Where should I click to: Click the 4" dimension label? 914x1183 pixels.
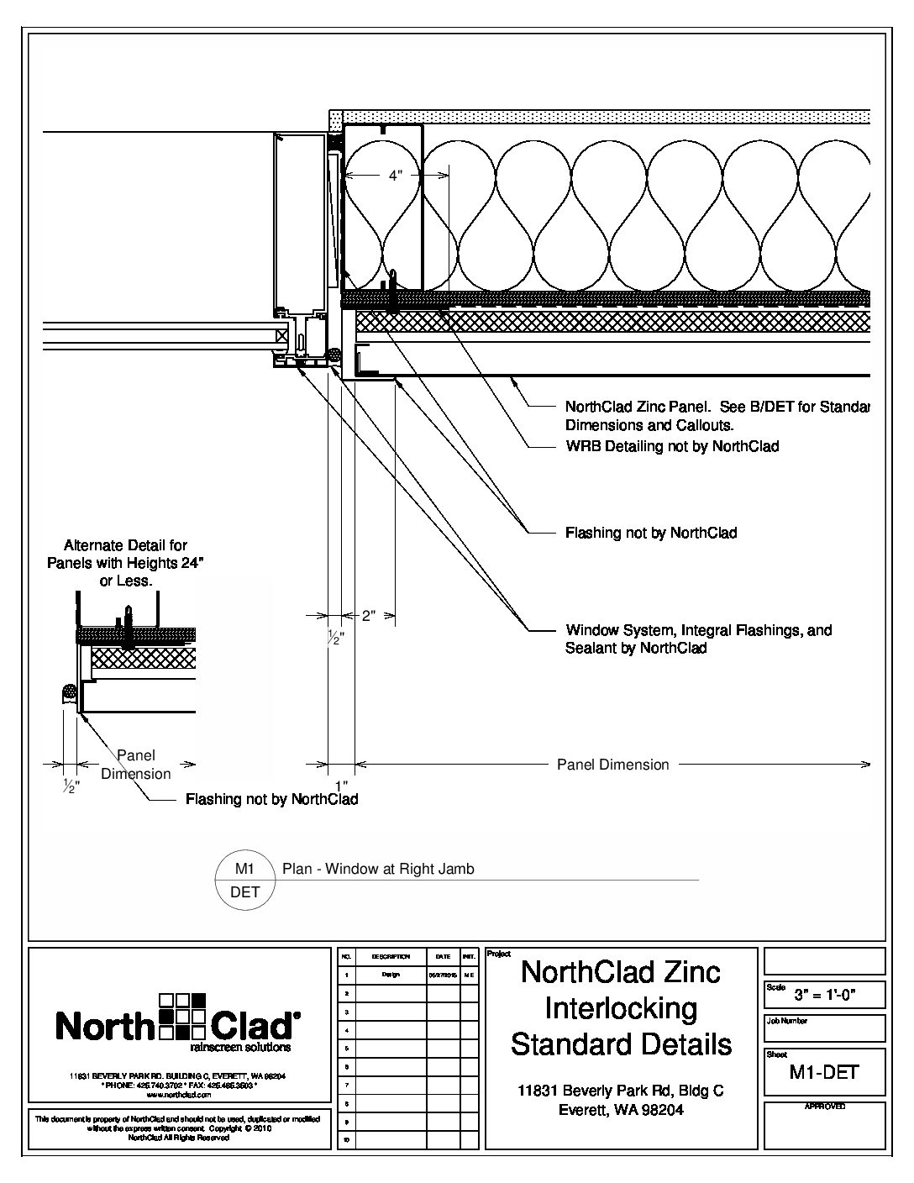pyautogui.click(x=396, y=176)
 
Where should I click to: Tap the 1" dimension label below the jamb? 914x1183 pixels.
pyautogui.click(x=341, y=785)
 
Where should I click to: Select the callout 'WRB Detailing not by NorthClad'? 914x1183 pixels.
pyautogui.click(x=672, y=446)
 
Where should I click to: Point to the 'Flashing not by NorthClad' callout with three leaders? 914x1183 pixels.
pyautogui.click(x=651, y=533)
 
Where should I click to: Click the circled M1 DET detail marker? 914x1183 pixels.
pyautogui.click(x=244, y=880)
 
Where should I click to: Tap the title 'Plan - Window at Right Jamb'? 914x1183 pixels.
pyautogui.click(x=378, y=869)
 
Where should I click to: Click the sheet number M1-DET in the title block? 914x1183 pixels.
pyautogui.click(x=824, y=1071)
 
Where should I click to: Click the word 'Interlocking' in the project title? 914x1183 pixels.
pyautogui.click(x=622, y=1008)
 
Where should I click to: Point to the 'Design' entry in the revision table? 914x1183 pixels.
pyautogui.click(x=391, y=975)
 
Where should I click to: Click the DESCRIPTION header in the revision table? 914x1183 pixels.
pyautogui.click(x=391, y=956)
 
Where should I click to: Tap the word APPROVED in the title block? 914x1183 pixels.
pyautogui.click(x=824, y=1107)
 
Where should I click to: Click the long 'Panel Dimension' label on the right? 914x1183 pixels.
pyautogui.click(x=613, y=765)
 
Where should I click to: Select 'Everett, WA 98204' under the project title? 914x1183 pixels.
pyautogui.click(x=622, y=1110)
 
